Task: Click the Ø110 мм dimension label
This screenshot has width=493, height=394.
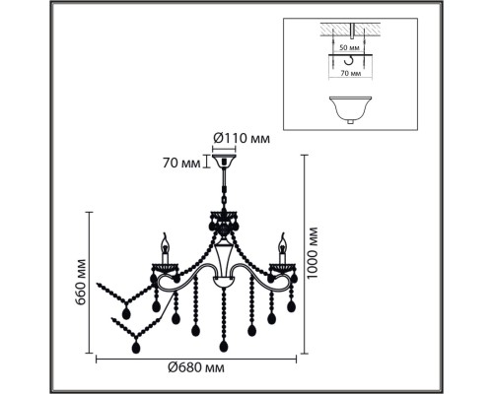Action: coord(242,138)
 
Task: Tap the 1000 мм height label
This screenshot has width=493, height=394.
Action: coord(312,252)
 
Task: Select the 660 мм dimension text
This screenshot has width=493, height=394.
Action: coord(81,283)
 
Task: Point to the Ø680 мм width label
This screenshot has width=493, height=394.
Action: coord(196,367)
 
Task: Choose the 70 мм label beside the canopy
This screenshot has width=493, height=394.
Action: coord(181,163)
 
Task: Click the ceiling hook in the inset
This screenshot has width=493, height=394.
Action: coord(349,60)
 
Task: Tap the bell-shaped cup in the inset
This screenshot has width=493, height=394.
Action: coord(350,110)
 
